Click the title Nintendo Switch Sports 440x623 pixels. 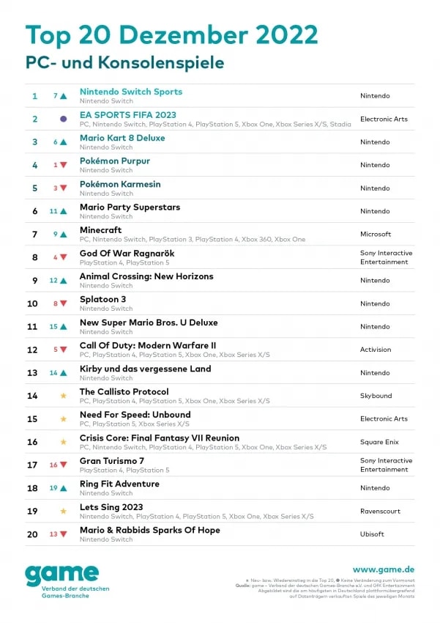coord(130,92)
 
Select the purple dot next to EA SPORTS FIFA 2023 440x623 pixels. coord(64,119)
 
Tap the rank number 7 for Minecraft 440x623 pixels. coord(34,235)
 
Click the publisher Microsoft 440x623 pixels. coord(376,235)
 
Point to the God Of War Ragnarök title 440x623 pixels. coord(127,254)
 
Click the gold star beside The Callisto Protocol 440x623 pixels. coord(64,396)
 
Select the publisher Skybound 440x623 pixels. coord(376,396)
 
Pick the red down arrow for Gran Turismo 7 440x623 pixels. coord(64,465)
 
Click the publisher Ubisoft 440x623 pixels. coord(372,534)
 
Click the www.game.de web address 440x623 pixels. coord(383,569)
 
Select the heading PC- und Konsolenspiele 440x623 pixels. coord(124,62)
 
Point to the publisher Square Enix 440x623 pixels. coord(379,442)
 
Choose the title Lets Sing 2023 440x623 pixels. coord(111,507)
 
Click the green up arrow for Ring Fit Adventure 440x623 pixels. coord(64,488)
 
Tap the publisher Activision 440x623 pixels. coord(376,350)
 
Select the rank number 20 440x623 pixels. coord(33,534)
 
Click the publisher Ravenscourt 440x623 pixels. coord(380,511)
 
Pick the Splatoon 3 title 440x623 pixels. coord(102,300)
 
